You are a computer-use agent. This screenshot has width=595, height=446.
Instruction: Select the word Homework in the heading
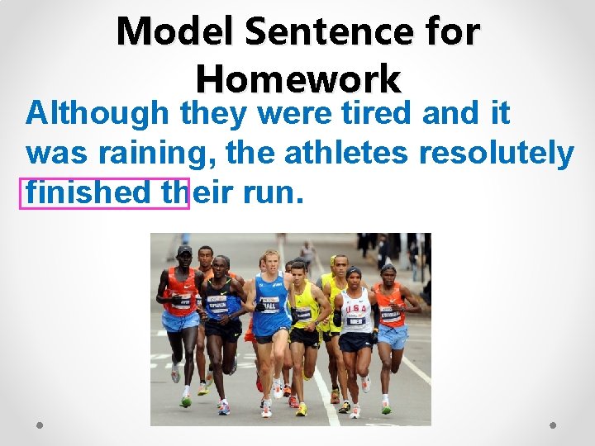coord(297,80)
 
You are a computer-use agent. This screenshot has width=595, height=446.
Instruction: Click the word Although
coord(97,113)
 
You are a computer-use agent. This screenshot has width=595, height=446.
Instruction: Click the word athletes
coord(348,153)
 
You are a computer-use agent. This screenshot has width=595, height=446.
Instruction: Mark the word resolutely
coord(497,153)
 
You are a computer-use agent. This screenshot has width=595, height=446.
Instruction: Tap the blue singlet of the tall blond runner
coord(272,301)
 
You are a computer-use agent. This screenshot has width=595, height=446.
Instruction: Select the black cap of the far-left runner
coord(184,250)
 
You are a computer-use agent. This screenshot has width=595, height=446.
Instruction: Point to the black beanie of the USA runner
coord(354,273)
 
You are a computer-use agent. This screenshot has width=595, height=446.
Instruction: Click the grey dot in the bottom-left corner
coord(40,425)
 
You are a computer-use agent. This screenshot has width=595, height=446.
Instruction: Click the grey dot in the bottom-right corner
coord(554,425)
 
